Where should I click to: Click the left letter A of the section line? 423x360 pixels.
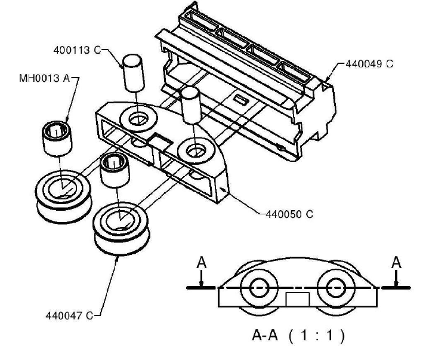[202, 263]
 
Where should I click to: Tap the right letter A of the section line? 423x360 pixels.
[397, 263]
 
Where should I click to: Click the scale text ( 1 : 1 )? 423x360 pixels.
[316, 337]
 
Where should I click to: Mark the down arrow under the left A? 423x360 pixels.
[202, 280]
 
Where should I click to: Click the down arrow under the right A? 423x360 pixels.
[397, 280]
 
